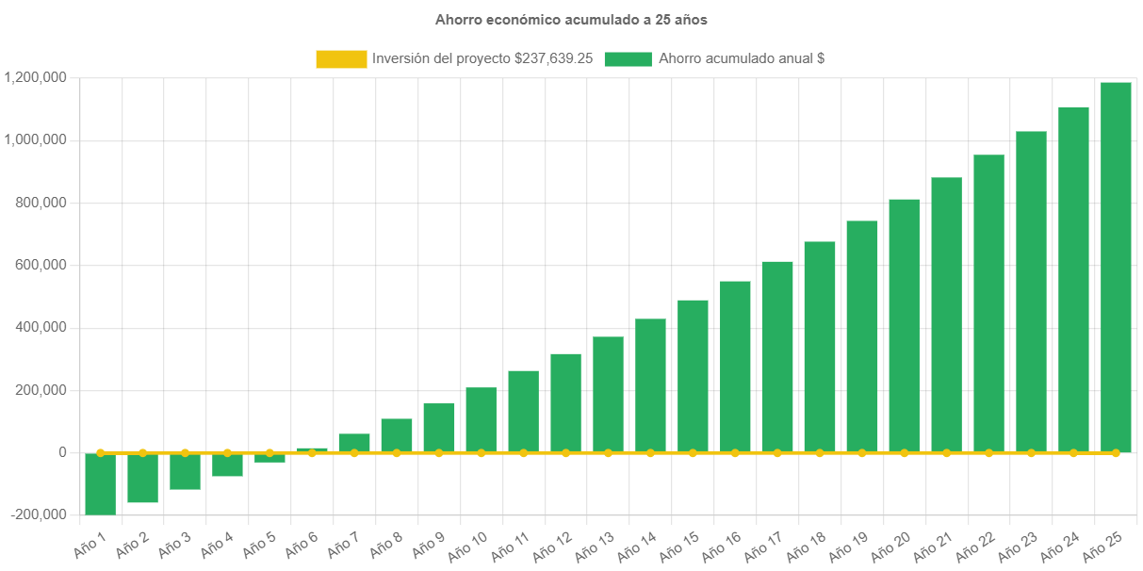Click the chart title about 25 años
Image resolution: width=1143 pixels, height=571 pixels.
pos(571,19)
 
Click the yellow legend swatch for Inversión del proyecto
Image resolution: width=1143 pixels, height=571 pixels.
pos(341,58)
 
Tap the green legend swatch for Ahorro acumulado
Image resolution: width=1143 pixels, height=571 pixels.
pos(628,58)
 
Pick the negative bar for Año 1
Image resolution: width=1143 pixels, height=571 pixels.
pos(100,483)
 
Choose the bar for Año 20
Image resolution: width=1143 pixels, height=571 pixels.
pos(904,325)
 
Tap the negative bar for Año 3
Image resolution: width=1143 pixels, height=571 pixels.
pos(185,471)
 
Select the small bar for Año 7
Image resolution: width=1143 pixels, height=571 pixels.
pos(354,443)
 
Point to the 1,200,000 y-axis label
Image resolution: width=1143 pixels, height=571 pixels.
pos(35,77)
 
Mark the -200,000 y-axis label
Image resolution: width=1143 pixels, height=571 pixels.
pos(38,514)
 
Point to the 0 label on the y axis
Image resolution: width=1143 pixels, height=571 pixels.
pos(62,452)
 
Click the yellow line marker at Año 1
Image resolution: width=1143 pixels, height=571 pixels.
pos(100,452)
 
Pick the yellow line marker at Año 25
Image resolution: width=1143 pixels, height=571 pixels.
pos(1116,453)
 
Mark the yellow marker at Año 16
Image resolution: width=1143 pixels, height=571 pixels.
pos(735,453)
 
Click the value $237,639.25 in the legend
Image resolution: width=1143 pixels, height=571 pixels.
pos(553,58)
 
